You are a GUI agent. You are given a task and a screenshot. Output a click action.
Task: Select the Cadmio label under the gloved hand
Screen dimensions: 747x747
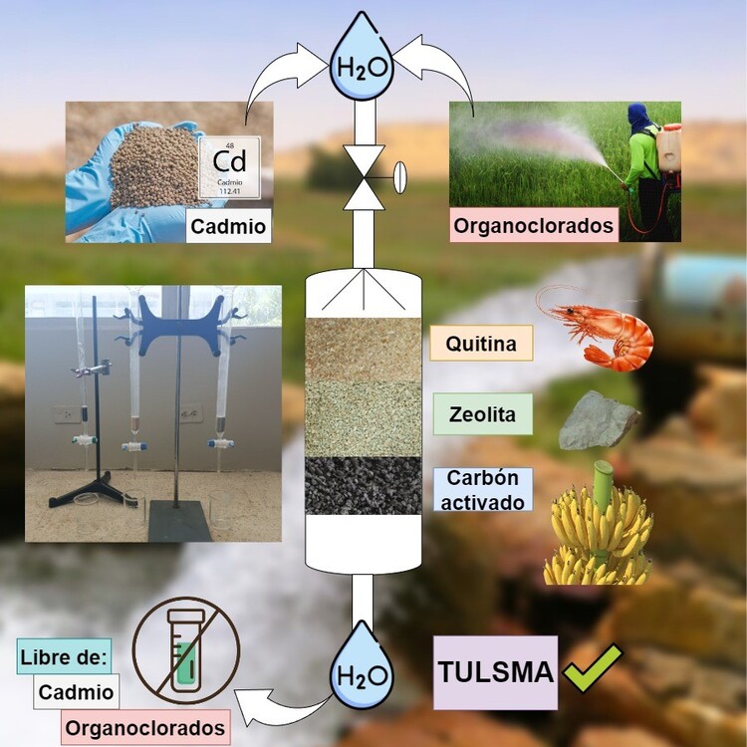tap(229, 227)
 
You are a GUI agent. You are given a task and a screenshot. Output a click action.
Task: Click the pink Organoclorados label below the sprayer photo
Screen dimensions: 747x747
tap(534, 225)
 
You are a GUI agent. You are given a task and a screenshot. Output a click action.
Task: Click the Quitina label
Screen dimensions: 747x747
tap(481, 343)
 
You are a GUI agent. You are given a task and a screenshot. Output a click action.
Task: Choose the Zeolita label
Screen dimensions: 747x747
tap(480, 413)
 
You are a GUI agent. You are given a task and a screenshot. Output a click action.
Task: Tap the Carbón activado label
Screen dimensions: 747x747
tap(483, 489)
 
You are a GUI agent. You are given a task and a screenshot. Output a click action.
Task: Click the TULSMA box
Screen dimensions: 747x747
tap(495, 672)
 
